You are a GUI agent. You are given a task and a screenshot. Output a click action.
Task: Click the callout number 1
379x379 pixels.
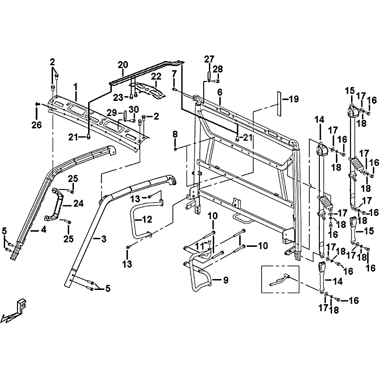pyautogui.click(x=75, y=87)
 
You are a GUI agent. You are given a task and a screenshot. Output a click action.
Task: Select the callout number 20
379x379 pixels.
pyautogui.click(x=123, y=64)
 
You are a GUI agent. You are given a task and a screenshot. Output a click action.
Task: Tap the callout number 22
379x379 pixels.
pyautogui.click(x=156, y=77)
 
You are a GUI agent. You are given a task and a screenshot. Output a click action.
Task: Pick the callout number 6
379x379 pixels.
pyautogui.click(x=220, y=92)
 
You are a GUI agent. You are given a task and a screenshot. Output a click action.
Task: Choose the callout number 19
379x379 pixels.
pyautogui.click(x=294, y=99)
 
